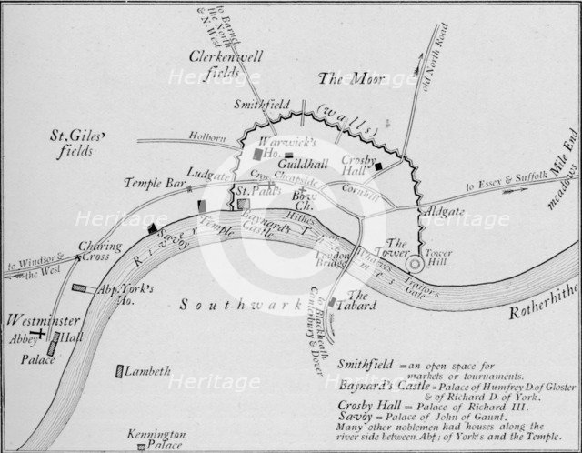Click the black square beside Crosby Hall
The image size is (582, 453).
378,166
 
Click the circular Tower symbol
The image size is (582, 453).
416,264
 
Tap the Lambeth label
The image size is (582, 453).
148,370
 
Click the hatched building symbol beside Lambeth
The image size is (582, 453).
120,370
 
